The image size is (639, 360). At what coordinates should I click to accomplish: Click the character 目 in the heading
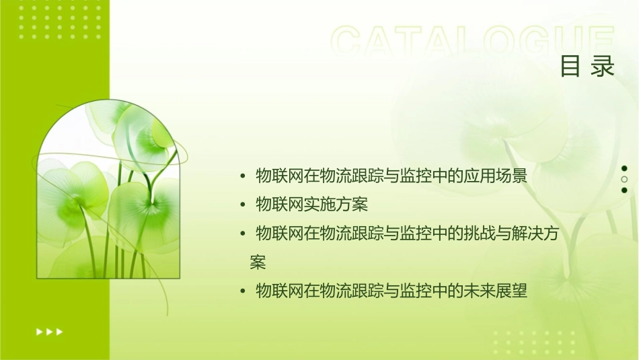[570, 66]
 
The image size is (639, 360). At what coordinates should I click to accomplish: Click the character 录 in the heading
[603, 66]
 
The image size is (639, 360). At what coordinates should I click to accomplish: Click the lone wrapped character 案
[258, 262]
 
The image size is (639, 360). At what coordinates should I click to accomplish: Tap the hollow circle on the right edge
[624, 180]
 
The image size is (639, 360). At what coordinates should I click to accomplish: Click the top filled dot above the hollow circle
[624, 168]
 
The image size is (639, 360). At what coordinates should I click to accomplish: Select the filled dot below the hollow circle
[624, 190]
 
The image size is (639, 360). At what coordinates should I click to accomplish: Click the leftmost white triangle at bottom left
[38, 332]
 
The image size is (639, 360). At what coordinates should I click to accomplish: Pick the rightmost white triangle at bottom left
[60, 332]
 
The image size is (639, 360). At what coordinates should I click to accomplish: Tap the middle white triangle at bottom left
[49, 332]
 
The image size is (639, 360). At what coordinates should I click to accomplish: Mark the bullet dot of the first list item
[243, 177]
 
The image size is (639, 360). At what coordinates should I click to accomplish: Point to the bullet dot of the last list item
[243, 291]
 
